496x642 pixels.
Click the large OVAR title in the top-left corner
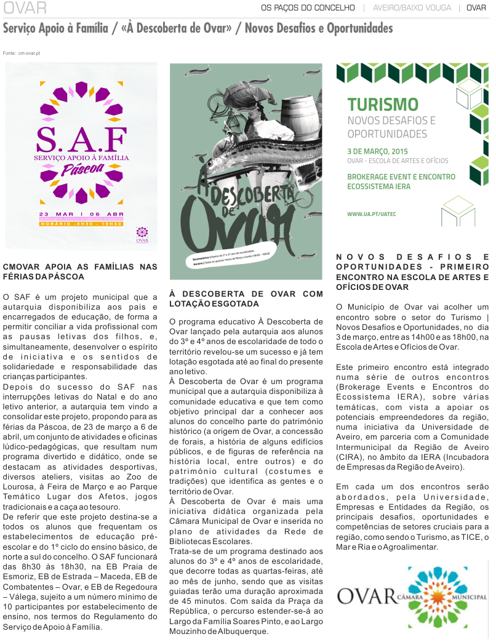[x=25, y=8]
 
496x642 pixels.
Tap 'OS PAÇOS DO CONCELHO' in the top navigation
[x=308, y=8]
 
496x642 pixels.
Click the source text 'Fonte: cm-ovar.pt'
[x=22, y=54]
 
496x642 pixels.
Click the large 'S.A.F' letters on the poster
[x=81, y=140]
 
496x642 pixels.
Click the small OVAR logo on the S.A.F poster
[x=142, y=234]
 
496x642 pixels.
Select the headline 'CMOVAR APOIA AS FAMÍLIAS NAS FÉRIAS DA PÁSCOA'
[x=80, y=271]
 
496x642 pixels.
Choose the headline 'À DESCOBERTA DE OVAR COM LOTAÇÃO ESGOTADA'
[x=246, y=299]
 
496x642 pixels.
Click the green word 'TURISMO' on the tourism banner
[x=382, y=104]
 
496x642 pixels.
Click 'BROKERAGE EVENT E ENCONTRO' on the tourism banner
[x=401, y=177]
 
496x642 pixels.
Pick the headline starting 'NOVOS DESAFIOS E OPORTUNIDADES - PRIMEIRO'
[x=412, y=271]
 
